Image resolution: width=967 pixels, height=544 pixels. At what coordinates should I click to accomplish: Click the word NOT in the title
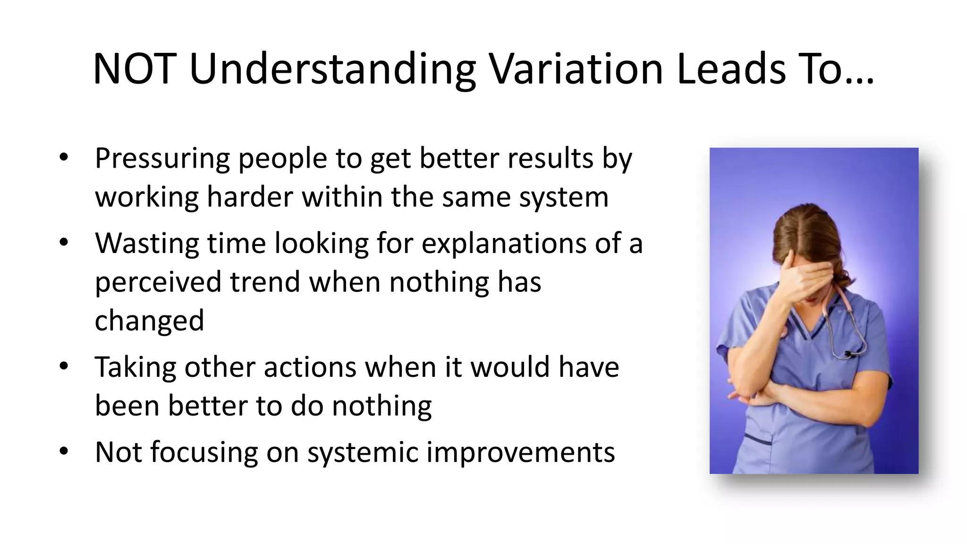[135, 69]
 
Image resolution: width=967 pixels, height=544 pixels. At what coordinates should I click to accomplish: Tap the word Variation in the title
[576, 69]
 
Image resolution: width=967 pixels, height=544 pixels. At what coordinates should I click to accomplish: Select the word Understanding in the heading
[332, 69]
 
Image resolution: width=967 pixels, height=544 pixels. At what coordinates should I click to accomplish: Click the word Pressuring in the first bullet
[162, 159]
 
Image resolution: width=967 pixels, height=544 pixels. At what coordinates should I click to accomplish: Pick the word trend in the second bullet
[265, 282]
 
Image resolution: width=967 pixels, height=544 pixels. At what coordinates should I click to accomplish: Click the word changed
[149, 321]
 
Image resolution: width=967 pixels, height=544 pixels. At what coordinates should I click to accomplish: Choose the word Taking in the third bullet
[135, 368]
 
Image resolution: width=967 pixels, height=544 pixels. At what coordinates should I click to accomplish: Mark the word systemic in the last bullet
[363, 453]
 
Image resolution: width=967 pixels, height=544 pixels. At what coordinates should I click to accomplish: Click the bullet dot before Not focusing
[64, 451]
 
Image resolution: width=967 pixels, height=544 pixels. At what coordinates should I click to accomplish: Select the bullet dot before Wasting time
[64, 243]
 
